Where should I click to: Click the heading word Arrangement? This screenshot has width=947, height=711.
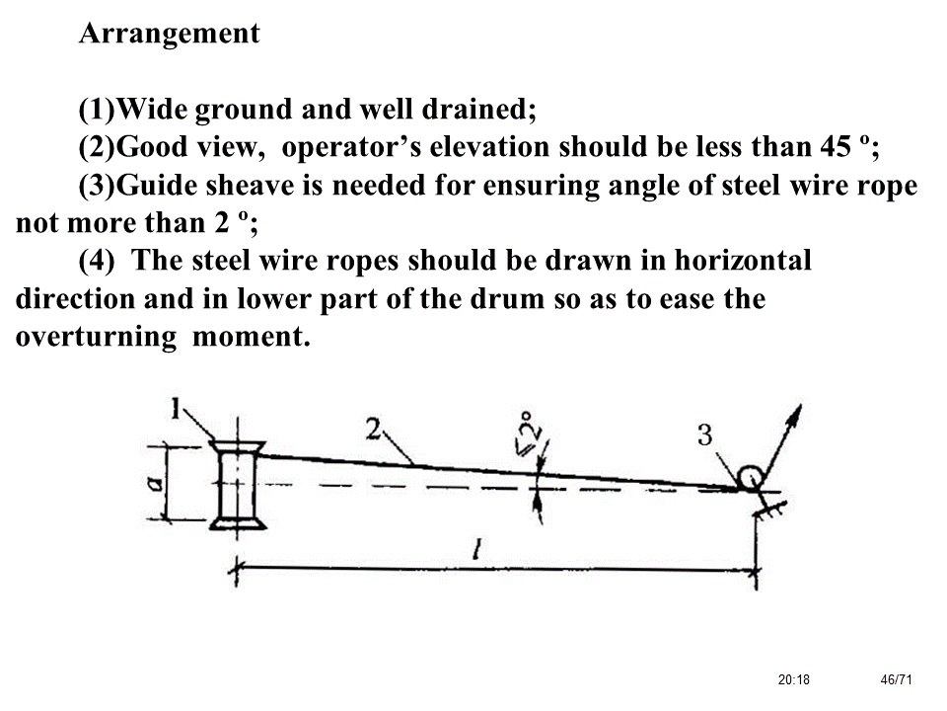[170, 34]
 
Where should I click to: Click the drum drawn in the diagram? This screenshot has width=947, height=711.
[238, 485]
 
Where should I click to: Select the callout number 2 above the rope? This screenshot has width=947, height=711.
[373, 428]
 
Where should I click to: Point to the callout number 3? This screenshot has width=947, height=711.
[704, 435]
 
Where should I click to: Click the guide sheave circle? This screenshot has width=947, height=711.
[750, 478]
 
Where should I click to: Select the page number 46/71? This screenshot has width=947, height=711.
[896, 679]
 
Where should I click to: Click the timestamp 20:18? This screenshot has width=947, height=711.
[791, 679]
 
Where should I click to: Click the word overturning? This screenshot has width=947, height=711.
[93, 337]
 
